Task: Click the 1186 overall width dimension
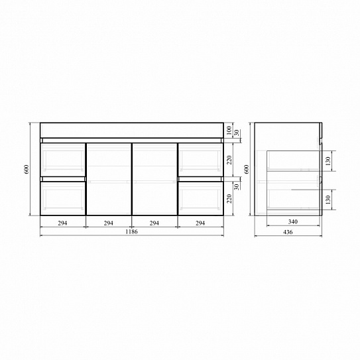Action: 131,231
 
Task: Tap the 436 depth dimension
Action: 288,232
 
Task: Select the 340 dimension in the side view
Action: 293,222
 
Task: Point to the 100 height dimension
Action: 229,130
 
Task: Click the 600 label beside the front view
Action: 27,169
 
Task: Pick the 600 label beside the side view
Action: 247,169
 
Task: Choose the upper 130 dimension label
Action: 328,161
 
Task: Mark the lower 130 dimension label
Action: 328,200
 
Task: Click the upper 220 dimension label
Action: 229,160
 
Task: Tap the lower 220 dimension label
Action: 229,199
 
